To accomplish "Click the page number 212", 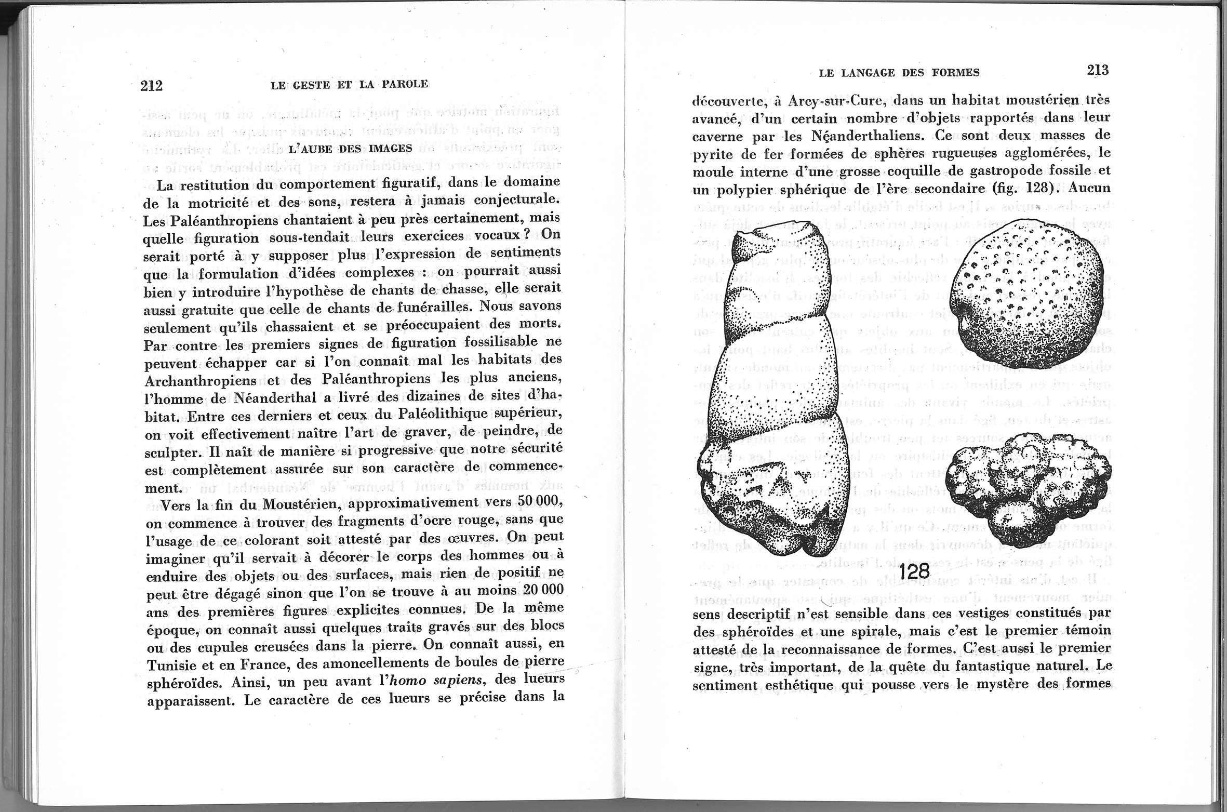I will [151, 86].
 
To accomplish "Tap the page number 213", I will [1098, 70].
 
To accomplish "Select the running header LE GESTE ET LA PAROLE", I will [349, 84].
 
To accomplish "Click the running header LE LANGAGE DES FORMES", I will [899, 73].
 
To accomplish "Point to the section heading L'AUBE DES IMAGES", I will [350, 149].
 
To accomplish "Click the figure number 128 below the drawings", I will [914, 571].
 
